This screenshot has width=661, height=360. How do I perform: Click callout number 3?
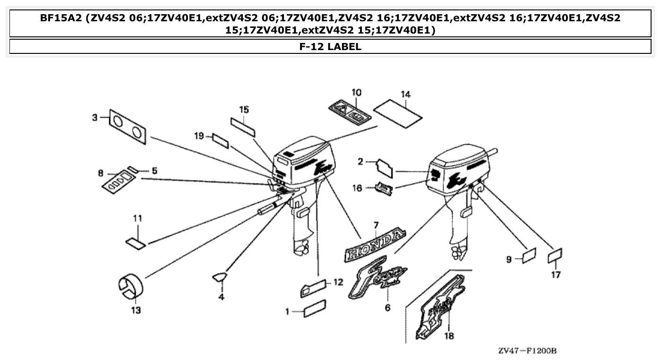(94, 118)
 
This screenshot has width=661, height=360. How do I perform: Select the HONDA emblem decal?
(376, 245)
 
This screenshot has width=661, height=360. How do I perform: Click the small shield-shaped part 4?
(220, 277)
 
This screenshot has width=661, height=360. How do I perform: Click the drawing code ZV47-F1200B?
(527, 351)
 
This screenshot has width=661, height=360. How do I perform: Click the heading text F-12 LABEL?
(330, 47)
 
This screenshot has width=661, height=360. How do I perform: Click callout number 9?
(509, 259)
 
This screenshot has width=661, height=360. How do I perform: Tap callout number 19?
(199, 136)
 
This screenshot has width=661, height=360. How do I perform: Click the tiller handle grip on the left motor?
(267, 208)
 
